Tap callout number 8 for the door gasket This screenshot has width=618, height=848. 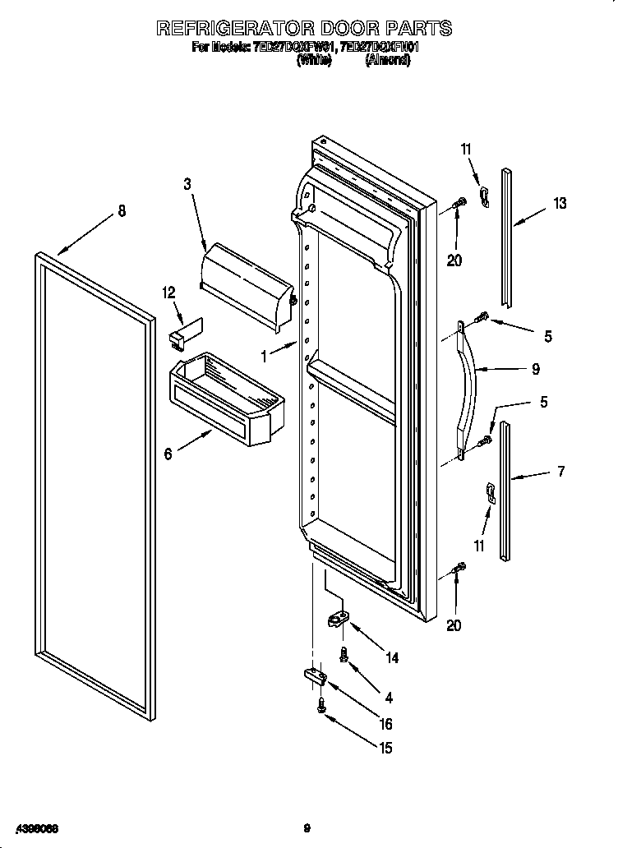(x=122, y=210)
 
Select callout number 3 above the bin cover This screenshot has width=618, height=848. (x=187, y=185)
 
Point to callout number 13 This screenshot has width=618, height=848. (x=559, y=204)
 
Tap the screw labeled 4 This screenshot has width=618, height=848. (x=345, y=654)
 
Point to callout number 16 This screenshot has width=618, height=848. (x=385, y=724)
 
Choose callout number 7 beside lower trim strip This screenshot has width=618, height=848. (x=560, y=471)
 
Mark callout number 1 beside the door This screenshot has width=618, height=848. (x=264, y=357)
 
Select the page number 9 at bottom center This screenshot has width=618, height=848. (x=307, y=827)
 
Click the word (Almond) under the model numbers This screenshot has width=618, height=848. (x=387, y=60)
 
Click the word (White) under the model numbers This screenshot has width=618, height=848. (x=312, y=60)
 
